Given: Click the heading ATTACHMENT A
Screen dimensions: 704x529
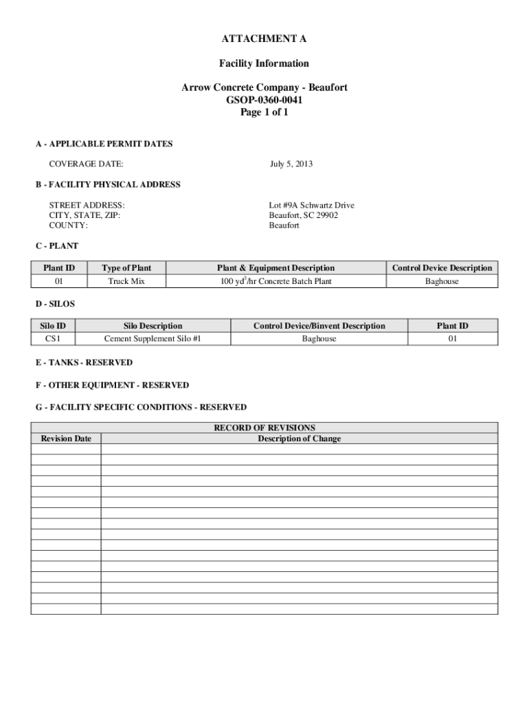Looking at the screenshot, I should pos(264,38).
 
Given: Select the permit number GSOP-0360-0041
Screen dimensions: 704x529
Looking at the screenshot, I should pos(264,100).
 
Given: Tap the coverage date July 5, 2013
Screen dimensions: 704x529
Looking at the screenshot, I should pos(291,164).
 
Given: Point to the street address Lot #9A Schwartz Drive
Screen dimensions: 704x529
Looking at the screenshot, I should pos(311,206).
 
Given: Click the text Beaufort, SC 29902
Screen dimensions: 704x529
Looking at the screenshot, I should pos(303,215).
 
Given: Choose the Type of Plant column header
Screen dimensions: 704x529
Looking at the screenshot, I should pos(126,268).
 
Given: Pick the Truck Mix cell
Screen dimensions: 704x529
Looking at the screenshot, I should pos(126,281).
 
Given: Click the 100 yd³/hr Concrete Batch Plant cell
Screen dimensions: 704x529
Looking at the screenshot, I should pos(275,281).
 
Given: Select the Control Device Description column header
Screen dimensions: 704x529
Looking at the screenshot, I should pos(442,268).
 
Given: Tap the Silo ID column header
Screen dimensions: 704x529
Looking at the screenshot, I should pos(53,326).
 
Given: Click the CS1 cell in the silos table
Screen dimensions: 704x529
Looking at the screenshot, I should pos(53,339).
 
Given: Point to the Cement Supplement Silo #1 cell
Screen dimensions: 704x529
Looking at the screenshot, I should pos(153,339).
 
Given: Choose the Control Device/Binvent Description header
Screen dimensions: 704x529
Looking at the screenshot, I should pos(319,326).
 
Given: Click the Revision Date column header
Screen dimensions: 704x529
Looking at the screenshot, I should pos(66,439).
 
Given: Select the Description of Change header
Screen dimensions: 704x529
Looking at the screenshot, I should pos(299,439).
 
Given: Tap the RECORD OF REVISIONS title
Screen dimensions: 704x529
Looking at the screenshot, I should pos(264,428).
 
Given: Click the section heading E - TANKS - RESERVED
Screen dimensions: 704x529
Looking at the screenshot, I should pos(84,362).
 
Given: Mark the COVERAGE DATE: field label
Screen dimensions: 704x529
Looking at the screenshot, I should pos(86,164).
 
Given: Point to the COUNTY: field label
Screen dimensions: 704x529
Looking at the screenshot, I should pos(68,225).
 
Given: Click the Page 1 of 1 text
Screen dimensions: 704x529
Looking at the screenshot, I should pos(264,113).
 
